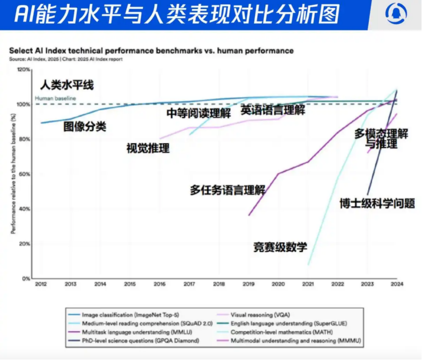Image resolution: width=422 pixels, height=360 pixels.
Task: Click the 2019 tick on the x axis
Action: pos(249,284)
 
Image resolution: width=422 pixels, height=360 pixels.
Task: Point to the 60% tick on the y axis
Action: pos(24,174)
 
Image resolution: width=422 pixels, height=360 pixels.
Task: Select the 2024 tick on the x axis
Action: pos(397,284)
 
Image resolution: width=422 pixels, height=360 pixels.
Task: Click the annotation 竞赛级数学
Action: pos(280,248)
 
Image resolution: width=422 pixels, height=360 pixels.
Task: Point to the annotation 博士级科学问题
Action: pos(377,204)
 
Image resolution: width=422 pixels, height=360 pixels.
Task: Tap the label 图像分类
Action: pos(85,127)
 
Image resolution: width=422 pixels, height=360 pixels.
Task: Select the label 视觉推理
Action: pos(148,149)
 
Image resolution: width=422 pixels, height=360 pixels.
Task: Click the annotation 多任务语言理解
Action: pos(228,190)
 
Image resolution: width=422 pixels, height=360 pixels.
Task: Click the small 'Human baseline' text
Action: pos(55,98)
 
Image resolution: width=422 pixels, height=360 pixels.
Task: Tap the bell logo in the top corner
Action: pos(396,14)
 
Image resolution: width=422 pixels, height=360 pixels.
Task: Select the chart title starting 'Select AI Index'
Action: pos(151,51)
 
